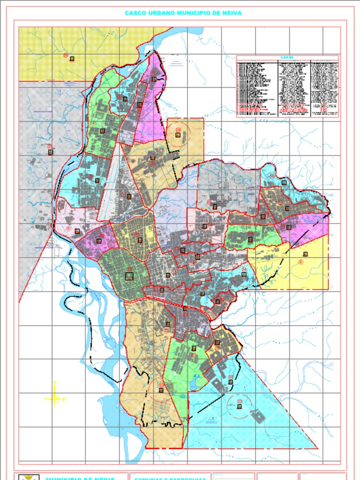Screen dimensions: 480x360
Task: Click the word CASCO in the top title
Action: tap(135, 13)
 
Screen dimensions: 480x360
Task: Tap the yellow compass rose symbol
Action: tap(55, 399)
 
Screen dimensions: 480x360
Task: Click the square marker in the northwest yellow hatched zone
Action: tap(72, 59)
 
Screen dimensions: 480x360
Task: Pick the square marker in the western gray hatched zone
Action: tap(50, 152)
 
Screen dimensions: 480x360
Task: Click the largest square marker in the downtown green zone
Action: tap(129, 277)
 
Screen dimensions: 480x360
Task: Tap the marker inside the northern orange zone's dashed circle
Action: tap(178, 135)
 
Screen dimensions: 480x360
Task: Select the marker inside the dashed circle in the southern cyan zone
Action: tap(240, 406)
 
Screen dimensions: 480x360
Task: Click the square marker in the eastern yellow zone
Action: tap(305, 254)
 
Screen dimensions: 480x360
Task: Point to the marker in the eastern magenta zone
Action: tap(289, 227)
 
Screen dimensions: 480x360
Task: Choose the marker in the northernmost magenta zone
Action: tap(154, 79)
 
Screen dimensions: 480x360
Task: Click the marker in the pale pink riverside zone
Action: tap(77, 231)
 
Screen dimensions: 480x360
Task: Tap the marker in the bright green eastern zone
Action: tap(250, 239)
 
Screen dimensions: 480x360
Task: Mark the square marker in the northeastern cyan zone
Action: tap(284, 182)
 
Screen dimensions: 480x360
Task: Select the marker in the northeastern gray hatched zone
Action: tap(215, 206)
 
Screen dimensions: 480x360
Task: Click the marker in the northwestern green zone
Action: tap(102, 131)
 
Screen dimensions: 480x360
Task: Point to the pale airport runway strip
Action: tap(108, 187)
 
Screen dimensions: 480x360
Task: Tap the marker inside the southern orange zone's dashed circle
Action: tap(161, 390)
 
